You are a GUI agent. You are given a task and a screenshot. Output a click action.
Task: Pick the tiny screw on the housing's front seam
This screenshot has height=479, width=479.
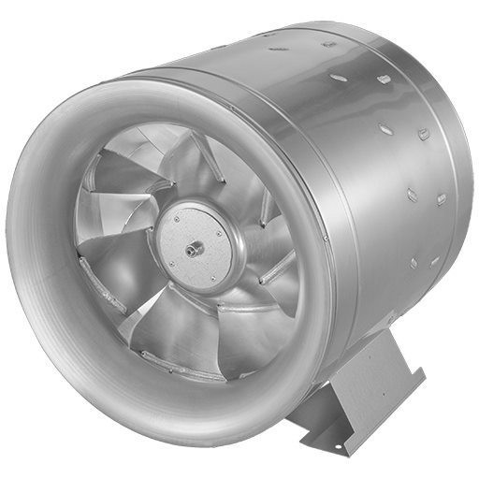(x=325, y=239)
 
